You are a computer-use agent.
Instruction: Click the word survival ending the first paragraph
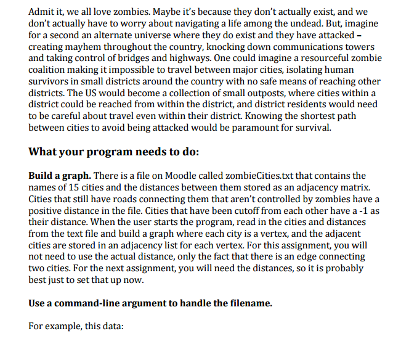click(312, 128)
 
